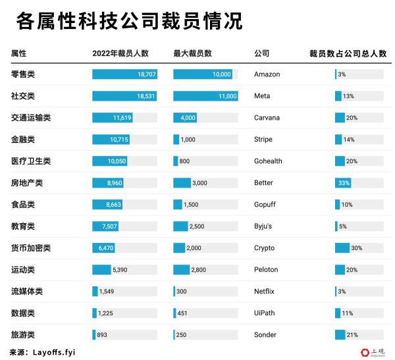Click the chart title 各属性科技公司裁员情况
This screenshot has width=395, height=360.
click(x=128, y=21)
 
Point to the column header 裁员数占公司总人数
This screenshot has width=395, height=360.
click(x=348, y=53)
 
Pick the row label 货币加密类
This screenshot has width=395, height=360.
click(x=31, y=248)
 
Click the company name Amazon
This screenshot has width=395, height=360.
click(x=267, y=74)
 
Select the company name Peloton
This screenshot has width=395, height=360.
click(x=266, y=270)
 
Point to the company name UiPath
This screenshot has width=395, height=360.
click(x=265, y=313)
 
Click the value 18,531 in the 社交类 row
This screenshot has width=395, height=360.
click(x=146, y=96)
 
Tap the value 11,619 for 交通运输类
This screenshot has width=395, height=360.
click(x=122, y=118)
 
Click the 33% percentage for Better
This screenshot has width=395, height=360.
click(x=344, y=183)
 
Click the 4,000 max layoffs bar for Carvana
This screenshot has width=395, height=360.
click(x=185, y=118)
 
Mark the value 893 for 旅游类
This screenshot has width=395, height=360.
click(x=102, y=335)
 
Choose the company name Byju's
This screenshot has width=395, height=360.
click(x=263, y=226)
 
